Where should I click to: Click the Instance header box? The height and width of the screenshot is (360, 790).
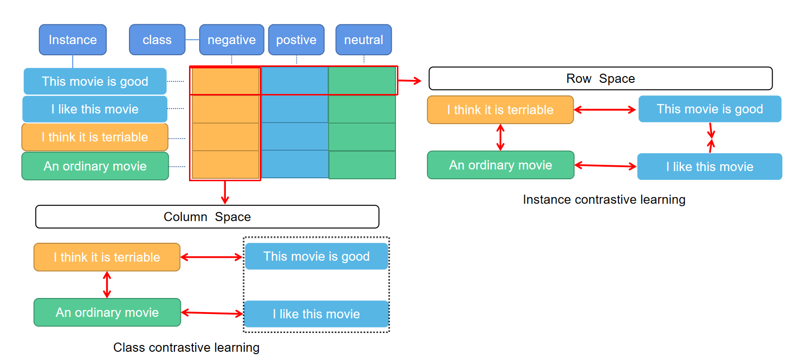[x=73, y=40]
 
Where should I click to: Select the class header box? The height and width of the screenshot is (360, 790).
[x=157, y=40]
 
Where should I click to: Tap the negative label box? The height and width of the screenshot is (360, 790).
[x=232, y=40]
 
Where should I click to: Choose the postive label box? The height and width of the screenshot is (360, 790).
[x=296, y=40]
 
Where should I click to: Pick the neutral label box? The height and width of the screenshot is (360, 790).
[x=363, y=40]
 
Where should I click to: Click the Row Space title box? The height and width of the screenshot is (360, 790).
[x=600, y=78]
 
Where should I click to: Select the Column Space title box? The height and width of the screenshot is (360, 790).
[x=207, y=217]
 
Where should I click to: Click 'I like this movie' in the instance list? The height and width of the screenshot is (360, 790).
[x=95, y=109]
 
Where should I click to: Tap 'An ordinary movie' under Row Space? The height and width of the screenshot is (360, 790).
[x=501, y=165]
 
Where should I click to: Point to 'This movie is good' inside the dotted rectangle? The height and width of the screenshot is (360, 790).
[x=316, y=256]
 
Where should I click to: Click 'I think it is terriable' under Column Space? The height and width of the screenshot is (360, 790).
[x=107, y=257]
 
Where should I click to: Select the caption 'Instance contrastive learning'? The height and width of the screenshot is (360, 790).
[x=604, y=200]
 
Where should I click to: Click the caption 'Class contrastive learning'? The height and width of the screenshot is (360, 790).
[x=186, y=347]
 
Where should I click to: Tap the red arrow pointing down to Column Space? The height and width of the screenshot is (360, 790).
[x=225, y=192]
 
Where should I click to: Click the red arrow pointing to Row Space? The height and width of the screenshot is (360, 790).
[x=410, y=81]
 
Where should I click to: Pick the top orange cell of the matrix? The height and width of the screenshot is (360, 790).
[x=225, y=81]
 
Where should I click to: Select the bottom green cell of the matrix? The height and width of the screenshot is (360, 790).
[x=362, y=165]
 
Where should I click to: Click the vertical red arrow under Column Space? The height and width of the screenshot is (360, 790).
[x=107, y=284]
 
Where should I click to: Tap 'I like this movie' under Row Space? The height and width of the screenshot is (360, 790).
[x=710, y=167]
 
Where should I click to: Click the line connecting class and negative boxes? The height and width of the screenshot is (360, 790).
[x=192, y=40]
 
